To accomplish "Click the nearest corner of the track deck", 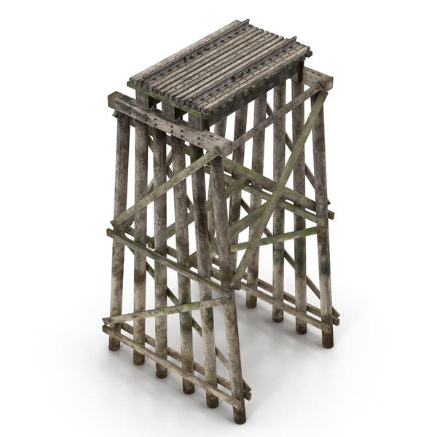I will (x=198, y=111).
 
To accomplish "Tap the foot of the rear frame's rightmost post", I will (x=327, y=342).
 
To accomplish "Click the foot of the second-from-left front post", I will (x=138, y=359).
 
